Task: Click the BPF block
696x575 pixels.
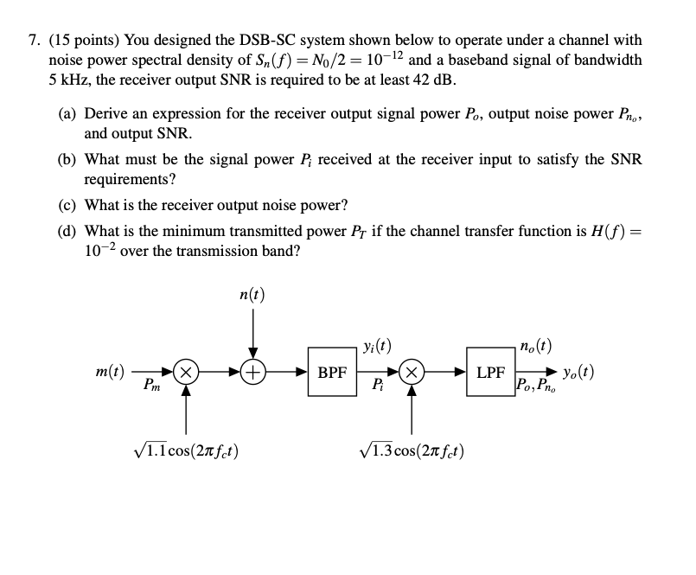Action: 333,374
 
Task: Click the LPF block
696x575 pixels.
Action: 490,374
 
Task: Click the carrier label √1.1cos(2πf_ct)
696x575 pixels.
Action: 184,450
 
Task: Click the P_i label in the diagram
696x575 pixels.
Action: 378,388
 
